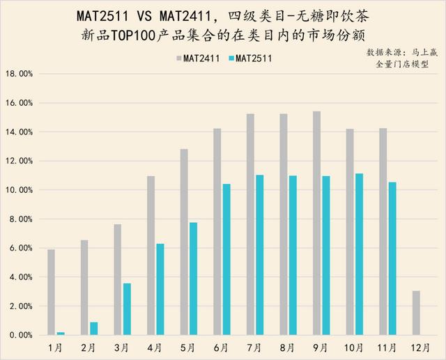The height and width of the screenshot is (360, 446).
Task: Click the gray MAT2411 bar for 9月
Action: pos(316,223)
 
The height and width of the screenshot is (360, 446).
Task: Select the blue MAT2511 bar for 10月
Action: pos(359,254)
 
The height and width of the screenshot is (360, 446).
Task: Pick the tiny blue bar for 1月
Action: pos(61,334)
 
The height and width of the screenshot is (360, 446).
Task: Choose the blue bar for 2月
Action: pos(93,329)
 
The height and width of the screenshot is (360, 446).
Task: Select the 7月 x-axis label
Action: pos(256,347)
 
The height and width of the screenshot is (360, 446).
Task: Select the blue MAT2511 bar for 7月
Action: pos(259,255)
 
